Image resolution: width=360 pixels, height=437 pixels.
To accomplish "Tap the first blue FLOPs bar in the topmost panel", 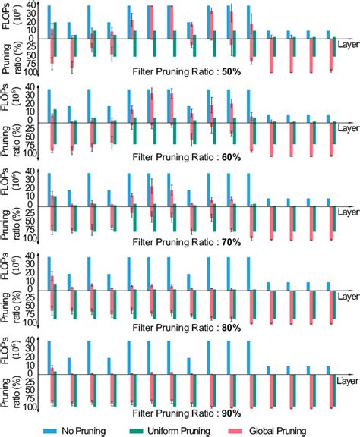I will tap(49, 20).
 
